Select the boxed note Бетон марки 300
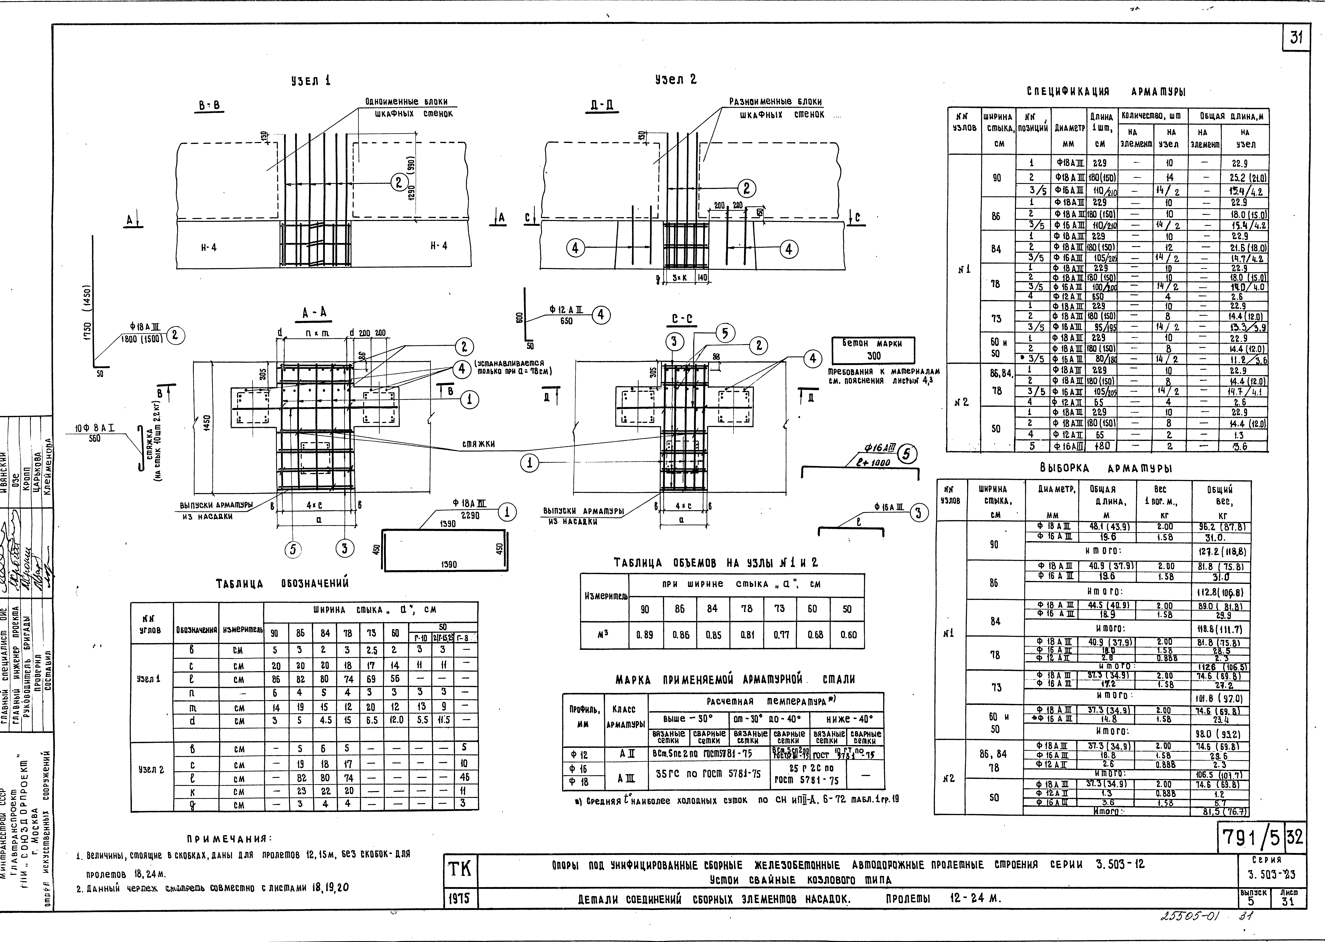(873, 350)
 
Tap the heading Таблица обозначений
(282, 584)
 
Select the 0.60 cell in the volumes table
(848, 635)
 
